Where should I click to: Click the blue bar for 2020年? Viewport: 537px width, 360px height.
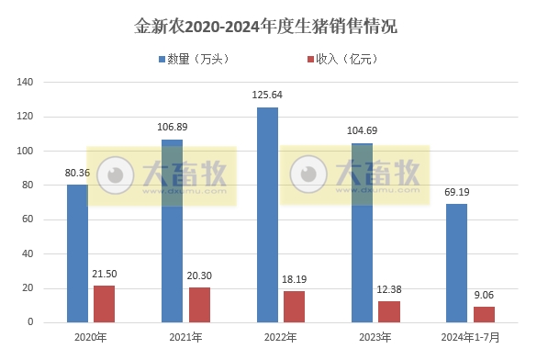[x=77, y=253]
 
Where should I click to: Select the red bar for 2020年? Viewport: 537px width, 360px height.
[x=104, y=304]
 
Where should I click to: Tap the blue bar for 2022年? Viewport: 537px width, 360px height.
[x=267, y=215]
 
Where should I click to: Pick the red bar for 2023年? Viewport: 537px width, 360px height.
[x=390, y=311]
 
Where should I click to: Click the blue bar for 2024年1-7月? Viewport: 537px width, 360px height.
[x=456, y=263]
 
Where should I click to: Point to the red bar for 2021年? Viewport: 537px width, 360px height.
[x=199, y=305]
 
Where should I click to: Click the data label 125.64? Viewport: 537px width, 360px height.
[x=267, y=95]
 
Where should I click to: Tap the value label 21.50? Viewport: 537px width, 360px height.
[x=105, y=274]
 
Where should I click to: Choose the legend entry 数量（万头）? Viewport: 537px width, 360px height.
[x=198, y=59]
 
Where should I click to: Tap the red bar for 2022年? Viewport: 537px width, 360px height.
[x=294, y=307]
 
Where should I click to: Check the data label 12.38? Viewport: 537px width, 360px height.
[x=390, y=289]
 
